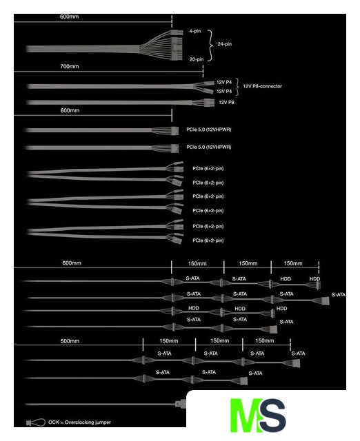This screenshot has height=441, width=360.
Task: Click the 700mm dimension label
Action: pos(70,66)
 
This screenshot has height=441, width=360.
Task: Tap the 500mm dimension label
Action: pos(70,341)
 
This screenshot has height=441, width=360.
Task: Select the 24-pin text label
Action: pos(225,44)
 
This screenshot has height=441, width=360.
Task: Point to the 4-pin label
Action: pos(195,31)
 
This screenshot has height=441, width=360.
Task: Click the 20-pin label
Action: pos(197,59)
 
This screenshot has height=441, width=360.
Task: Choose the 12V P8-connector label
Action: pos(262,86)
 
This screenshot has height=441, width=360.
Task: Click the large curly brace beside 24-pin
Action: pos(210,45)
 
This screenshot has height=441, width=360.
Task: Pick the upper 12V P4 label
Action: pos(224,82)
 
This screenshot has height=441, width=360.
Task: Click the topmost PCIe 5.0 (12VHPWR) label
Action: pos(208,130)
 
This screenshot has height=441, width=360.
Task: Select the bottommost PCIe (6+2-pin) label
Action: pos(208,240)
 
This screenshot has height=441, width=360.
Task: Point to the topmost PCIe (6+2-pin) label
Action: pos(208,168)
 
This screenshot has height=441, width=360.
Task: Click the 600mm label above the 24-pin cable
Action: pos(69,17)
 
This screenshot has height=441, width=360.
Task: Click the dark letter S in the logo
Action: pos(272,415)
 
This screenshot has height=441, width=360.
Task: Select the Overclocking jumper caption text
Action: pos(79,422)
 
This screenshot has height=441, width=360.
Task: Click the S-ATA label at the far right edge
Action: pos(339,294)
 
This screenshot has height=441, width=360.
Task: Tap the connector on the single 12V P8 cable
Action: pos(208,102)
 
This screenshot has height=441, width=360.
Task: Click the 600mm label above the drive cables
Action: pos(72,263)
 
